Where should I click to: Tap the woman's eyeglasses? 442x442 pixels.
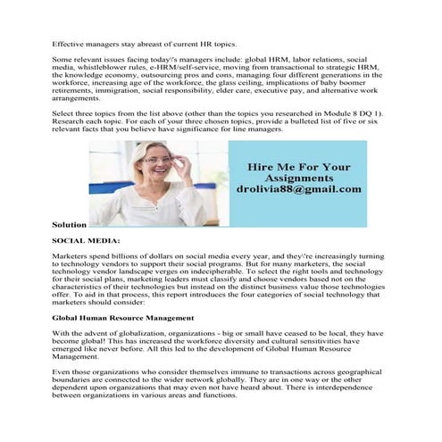(x=157, y=162)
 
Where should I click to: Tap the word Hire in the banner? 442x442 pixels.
(x=259, y=166)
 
